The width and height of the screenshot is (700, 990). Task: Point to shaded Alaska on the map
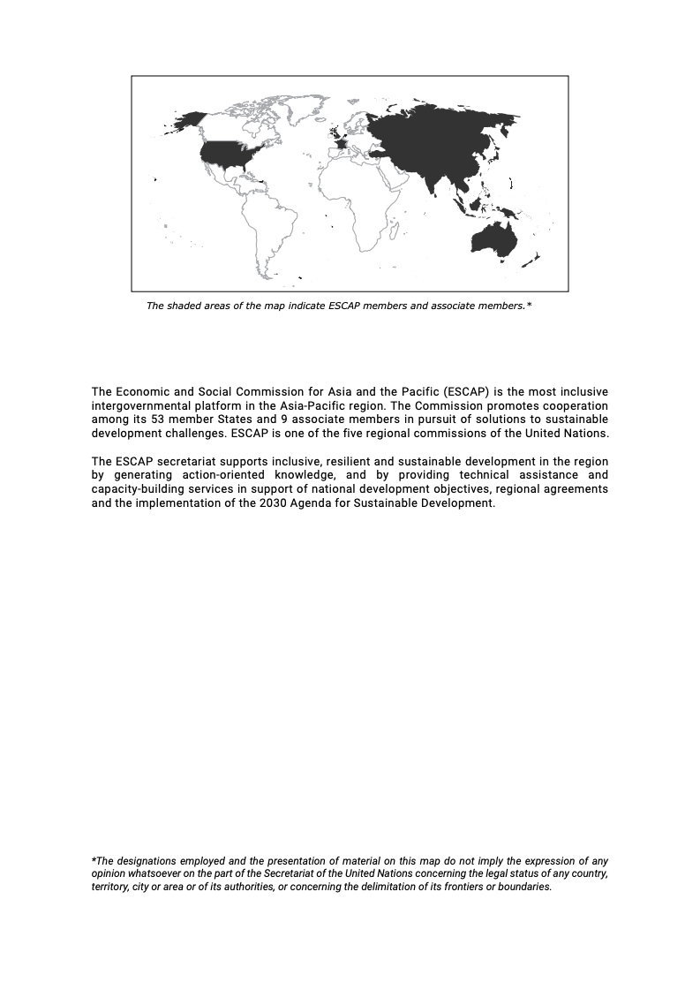tap(189, 119)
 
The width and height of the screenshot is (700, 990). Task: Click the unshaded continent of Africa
tap(358, 199)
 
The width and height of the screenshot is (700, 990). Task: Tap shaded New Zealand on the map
tap(532, 260)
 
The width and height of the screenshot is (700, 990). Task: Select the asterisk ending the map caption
tap(529, 305)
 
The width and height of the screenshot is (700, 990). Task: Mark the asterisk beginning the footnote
tap(94, 859)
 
